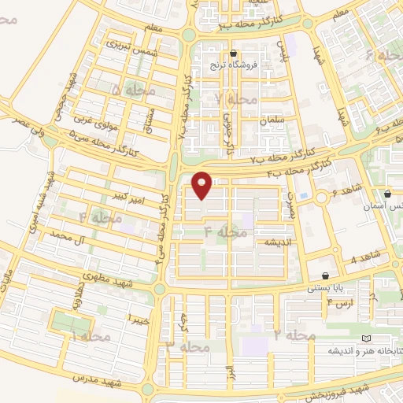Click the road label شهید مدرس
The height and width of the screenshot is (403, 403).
94,379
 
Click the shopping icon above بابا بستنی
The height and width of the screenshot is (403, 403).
325,276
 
